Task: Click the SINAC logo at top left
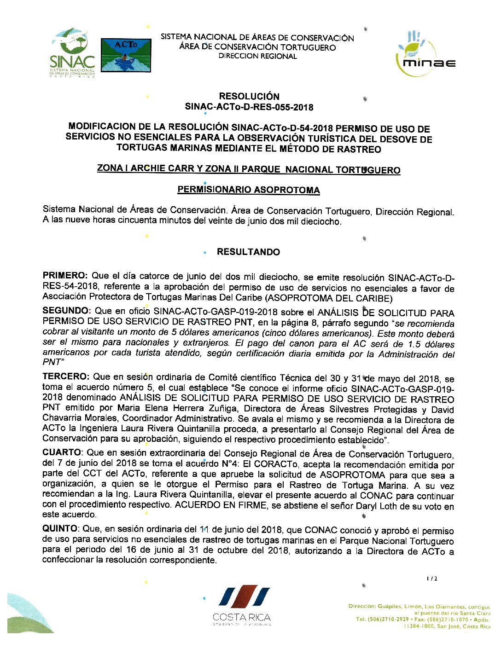[72, 53]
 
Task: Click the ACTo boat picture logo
[126, 55]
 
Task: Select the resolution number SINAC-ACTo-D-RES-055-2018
[249, 107]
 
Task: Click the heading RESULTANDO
[248, 252]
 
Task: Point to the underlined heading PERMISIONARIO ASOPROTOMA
[249, 190]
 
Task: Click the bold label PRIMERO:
[65, 276]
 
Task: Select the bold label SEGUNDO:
[67, 311]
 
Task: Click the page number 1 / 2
[432, 579]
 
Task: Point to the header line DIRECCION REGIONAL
[257, 56]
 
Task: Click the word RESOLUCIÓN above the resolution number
[249, 96]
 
